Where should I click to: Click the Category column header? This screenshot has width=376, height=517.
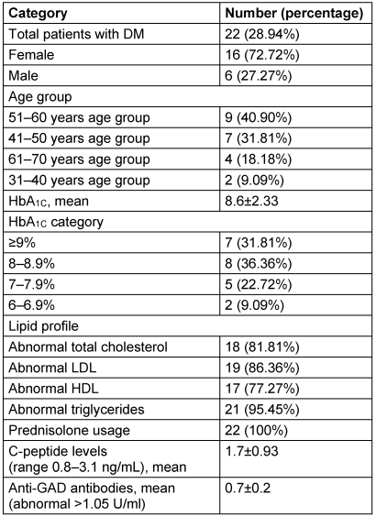coord(38,14)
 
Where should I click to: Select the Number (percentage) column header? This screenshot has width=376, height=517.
coord(293,13)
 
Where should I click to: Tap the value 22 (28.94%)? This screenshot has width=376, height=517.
coord(262,34)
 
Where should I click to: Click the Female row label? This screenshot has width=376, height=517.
coord(31,55)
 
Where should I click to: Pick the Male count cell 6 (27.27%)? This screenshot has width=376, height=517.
coord(259,76)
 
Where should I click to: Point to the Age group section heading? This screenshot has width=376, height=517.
coord(40,97)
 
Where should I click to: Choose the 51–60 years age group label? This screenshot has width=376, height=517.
coord(79,118)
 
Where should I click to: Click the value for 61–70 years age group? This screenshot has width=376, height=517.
coord(259,159)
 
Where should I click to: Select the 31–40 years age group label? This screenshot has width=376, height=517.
coord(79,181)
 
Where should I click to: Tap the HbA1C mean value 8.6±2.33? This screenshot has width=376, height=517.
coord(251,201)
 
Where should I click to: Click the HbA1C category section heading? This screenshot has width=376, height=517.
coord(56,222)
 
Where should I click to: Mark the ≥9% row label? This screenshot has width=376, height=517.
coord(22,243)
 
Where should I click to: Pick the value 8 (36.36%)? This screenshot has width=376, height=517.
coord(259,264)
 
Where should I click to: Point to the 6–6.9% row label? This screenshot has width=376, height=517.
coord(31,305)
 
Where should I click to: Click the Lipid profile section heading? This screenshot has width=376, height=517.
coord(43,326)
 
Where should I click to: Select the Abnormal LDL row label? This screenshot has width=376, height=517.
coord(52,368)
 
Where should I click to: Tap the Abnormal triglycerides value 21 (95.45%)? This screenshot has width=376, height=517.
coord(262,410)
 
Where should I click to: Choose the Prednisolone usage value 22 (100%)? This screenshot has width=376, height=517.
coord(256,431)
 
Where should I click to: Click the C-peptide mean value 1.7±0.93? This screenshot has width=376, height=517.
coord(251,451)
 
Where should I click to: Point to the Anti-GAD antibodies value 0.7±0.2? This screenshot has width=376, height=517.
coord(248,488)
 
